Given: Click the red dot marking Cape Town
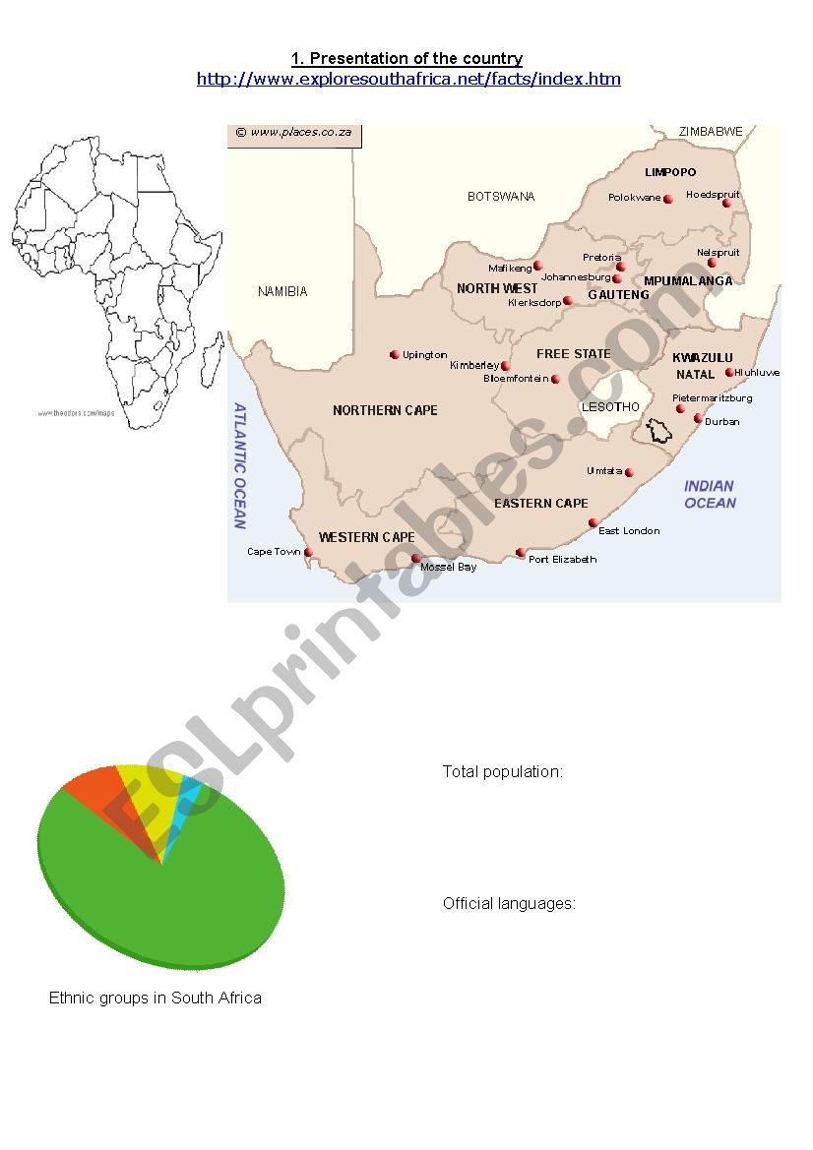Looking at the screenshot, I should point(309,553).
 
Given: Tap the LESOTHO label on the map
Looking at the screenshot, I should point(610,406).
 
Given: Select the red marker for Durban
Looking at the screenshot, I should point(699,419).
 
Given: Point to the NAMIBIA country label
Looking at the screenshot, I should point(282,291).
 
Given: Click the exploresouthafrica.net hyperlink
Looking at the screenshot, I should point(408,79).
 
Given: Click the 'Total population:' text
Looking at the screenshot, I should point(502,771).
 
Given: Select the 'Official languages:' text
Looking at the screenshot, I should point(509,903).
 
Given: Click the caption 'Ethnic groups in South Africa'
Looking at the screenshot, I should point(156,998).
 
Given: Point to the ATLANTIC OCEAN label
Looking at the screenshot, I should point(239,465).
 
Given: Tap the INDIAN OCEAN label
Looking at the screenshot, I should point(710,494).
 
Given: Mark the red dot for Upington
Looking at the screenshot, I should point(395,355).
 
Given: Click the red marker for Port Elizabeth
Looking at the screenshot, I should point(521,553).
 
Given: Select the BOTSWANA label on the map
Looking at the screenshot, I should point(501,197).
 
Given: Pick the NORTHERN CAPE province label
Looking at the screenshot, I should point(385,410).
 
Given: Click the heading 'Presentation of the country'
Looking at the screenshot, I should point(406,59).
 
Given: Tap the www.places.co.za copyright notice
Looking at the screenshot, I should point(293,133).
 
